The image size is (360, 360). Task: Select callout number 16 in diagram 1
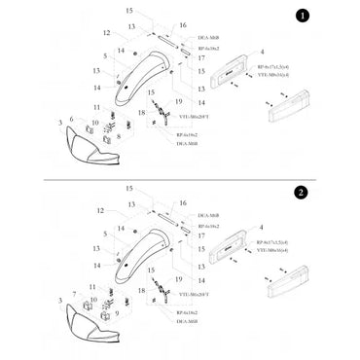click(183, 24)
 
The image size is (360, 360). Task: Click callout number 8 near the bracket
click(118, 137)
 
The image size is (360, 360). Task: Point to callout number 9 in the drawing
click(118, 313)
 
